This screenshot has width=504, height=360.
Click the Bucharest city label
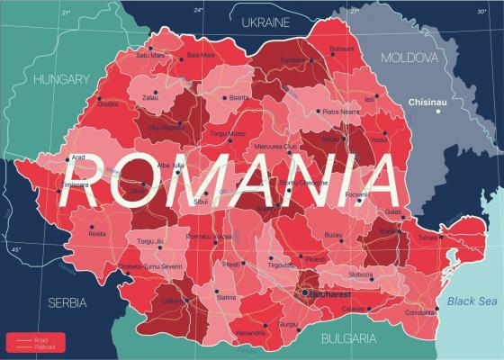[x=329, y=293]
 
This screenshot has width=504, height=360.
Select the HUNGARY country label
[x=61, y=79]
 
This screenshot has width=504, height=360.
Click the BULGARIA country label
[x=348, y=338]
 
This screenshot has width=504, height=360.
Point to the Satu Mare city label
[x=150, y=55]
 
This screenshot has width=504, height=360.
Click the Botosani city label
[x=342, y=49]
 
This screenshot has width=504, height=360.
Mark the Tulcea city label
[x=427, y=238]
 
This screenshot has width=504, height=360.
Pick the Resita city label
[x=96, y=233]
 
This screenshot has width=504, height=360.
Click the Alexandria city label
[x=249, y=331]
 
